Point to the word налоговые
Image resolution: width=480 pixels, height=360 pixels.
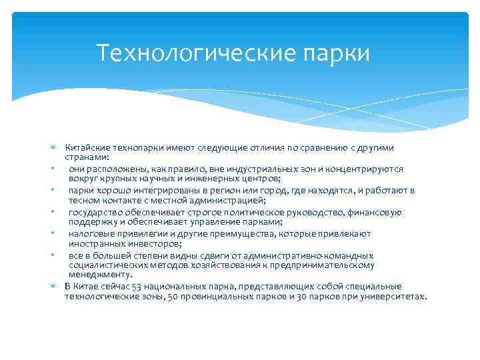click(91, 234)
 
